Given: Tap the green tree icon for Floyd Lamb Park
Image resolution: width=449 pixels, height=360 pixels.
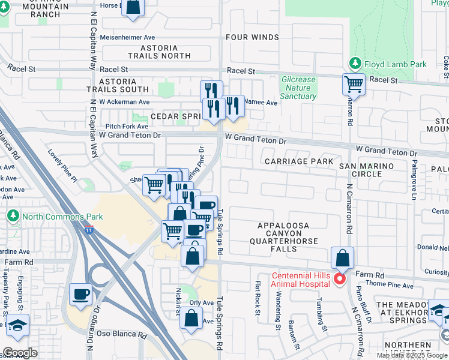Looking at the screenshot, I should tap(355, 64).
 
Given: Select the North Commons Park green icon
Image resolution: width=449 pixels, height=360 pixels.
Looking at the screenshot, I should tap(13, 215).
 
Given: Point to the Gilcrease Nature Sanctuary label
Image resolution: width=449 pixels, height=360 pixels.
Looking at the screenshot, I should tap(298, 88).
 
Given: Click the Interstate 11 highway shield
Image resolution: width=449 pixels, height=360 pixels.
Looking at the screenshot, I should tap(89, 229).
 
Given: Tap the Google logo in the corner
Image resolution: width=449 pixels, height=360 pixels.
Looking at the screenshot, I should tap(20, 353).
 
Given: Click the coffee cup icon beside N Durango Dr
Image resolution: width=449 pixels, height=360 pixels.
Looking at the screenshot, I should tap(81, 294).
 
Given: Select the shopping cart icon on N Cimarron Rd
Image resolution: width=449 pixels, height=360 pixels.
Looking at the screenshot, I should tap(354, 83).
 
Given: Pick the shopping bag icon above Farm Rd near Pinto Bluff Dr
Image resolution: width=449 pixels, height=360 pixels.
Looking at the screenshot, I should tap(342, 258).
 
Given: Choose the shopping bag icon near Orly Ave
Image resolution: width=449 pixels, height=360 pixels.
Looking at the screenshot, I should tap(190, 319).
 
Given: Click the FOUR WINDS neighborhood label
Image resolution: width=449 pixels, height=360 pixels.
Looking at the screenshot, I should tap(252, 37).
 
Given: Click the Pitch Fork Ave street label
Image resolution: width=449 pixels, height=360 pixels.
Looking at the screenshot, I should tap(127, 127).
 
